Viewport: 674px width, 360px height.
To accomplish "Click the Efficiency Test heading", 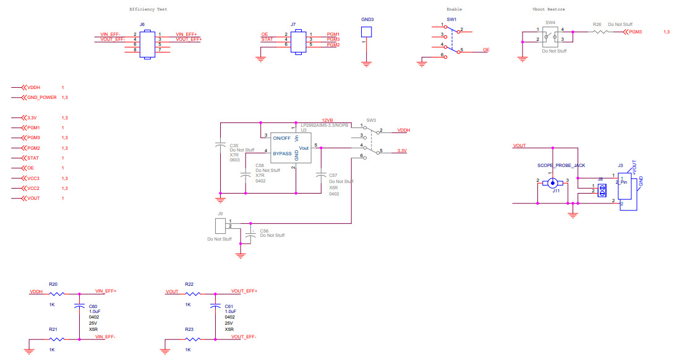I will click(148, 9).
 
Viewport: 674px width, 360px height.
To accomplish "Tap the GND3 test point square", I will click(367, 33).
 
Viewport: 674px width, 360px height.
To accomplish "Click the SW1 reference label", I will click(453, 19).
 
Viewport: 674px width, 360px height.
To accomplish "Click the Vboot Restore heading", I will click(548, 9).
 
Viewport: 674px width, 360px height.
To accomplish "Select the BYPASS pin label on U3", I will click(282, 153).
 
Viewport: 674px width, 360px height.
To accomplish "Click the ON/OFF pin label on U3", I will click(283, 138).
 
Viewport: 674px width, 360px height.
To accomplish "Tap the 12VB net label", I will click(327, 121).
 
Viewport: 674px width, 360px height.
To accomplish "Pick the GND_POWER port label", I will click(42, 97).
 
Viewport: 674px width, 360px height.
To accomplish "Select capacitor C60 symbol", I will click(79, 306).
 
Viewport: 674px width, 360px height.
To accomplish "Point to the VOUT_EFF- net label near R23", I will click(244, 336).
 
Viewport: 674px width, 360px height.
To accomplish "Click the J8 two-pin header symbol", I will click(600, 189).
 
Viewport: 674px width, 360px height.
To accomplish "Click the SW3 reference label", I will click(371, 120).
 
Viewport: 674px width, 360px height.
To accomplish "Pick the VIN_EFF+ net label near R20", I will click(106, 291).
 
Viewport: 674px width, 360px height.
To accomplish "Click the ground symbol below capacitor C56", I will click(241, 254).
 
